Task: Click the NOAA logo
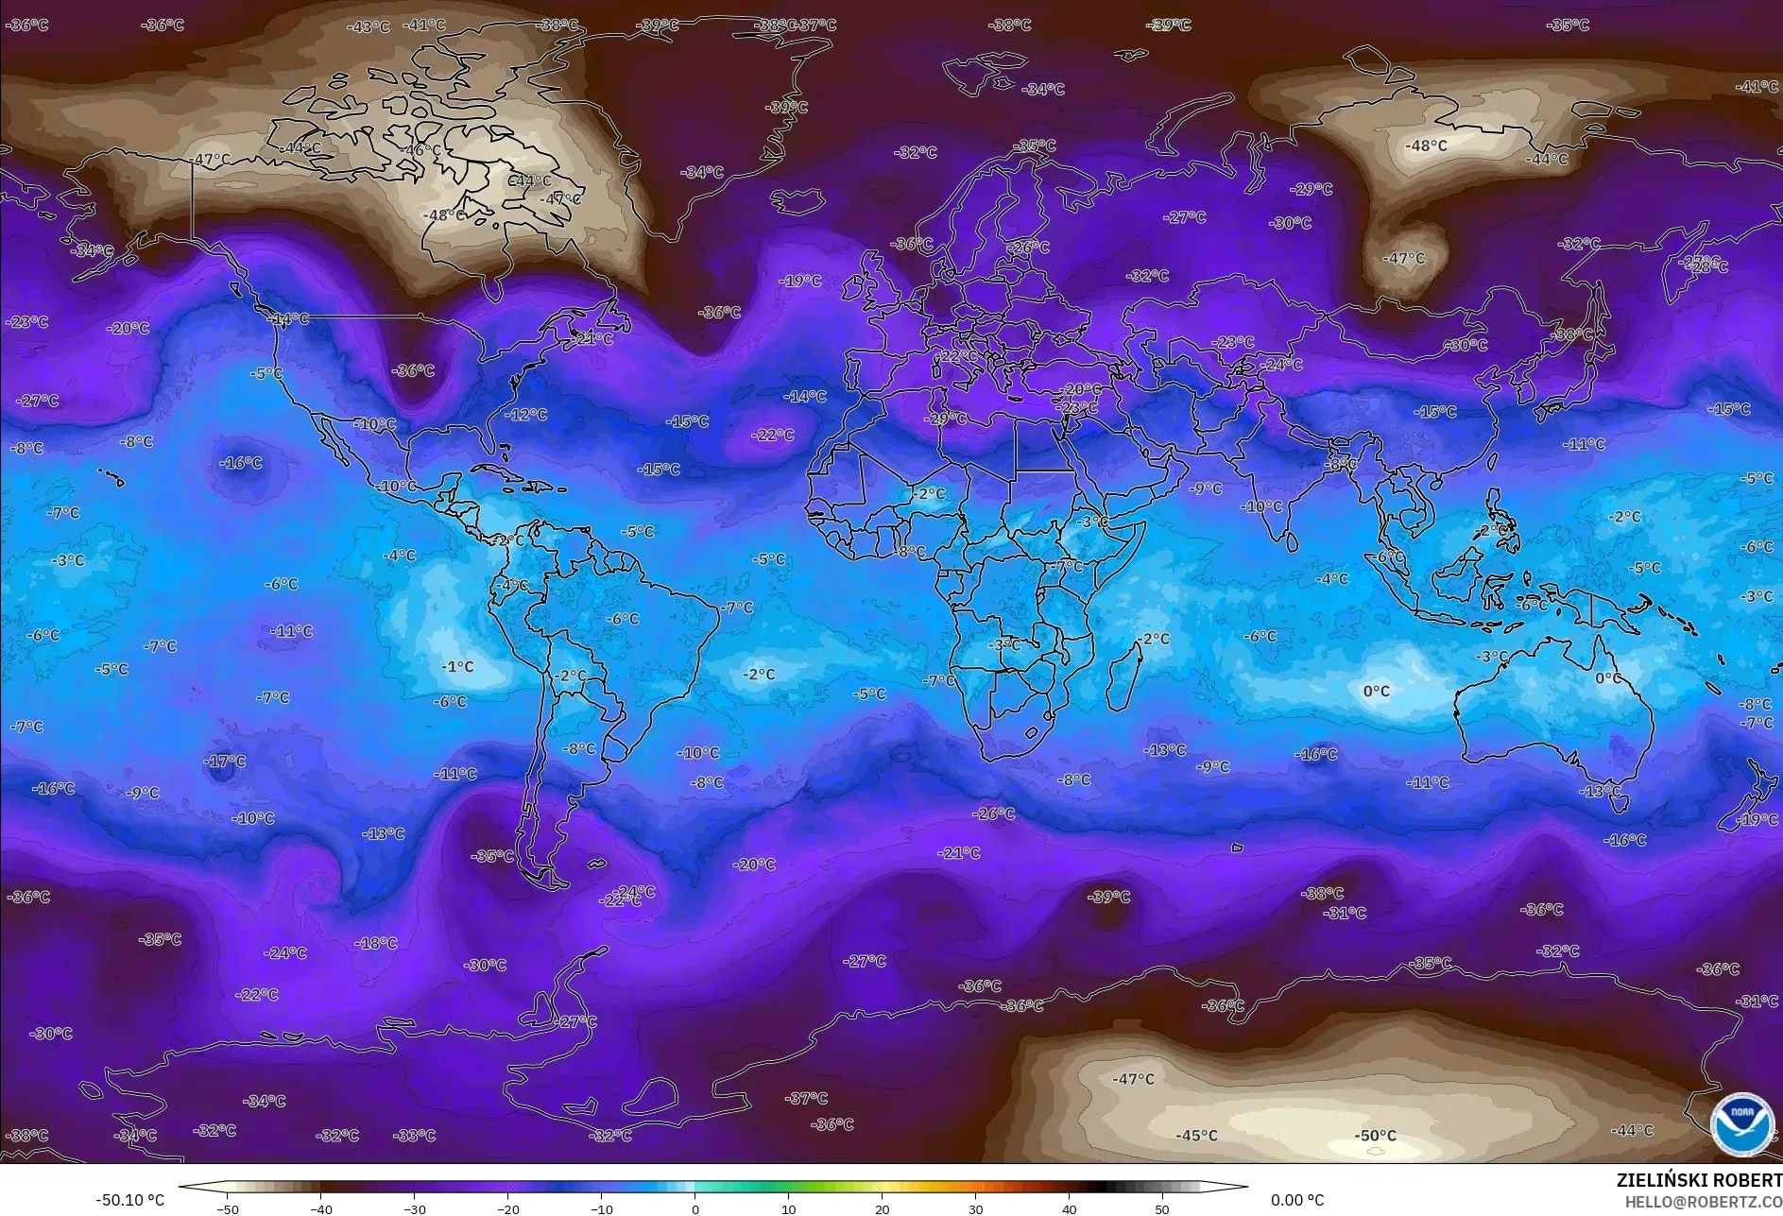(1741, 1123)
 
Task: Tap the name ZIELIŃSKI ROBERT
(1699, 1180)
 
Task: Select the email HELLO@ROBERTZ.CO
(1703, 1202)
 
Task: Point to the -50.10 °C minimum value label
(129, 1200)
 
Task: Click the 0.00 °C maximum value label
(1296, 1200)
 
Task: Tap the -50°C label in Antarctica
(1375, 1136)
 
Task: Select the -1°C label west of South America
(457, 667)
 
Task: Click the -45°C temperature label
(1196, 1136)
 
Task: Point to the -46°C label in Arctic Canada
(422, 151)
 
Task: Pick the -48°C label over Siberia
(1426, 146)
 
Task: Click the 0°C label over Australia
(1607, 678)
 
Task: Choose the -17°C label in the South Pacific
(225, 762)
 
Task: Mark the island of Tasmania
(1618, 804)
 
